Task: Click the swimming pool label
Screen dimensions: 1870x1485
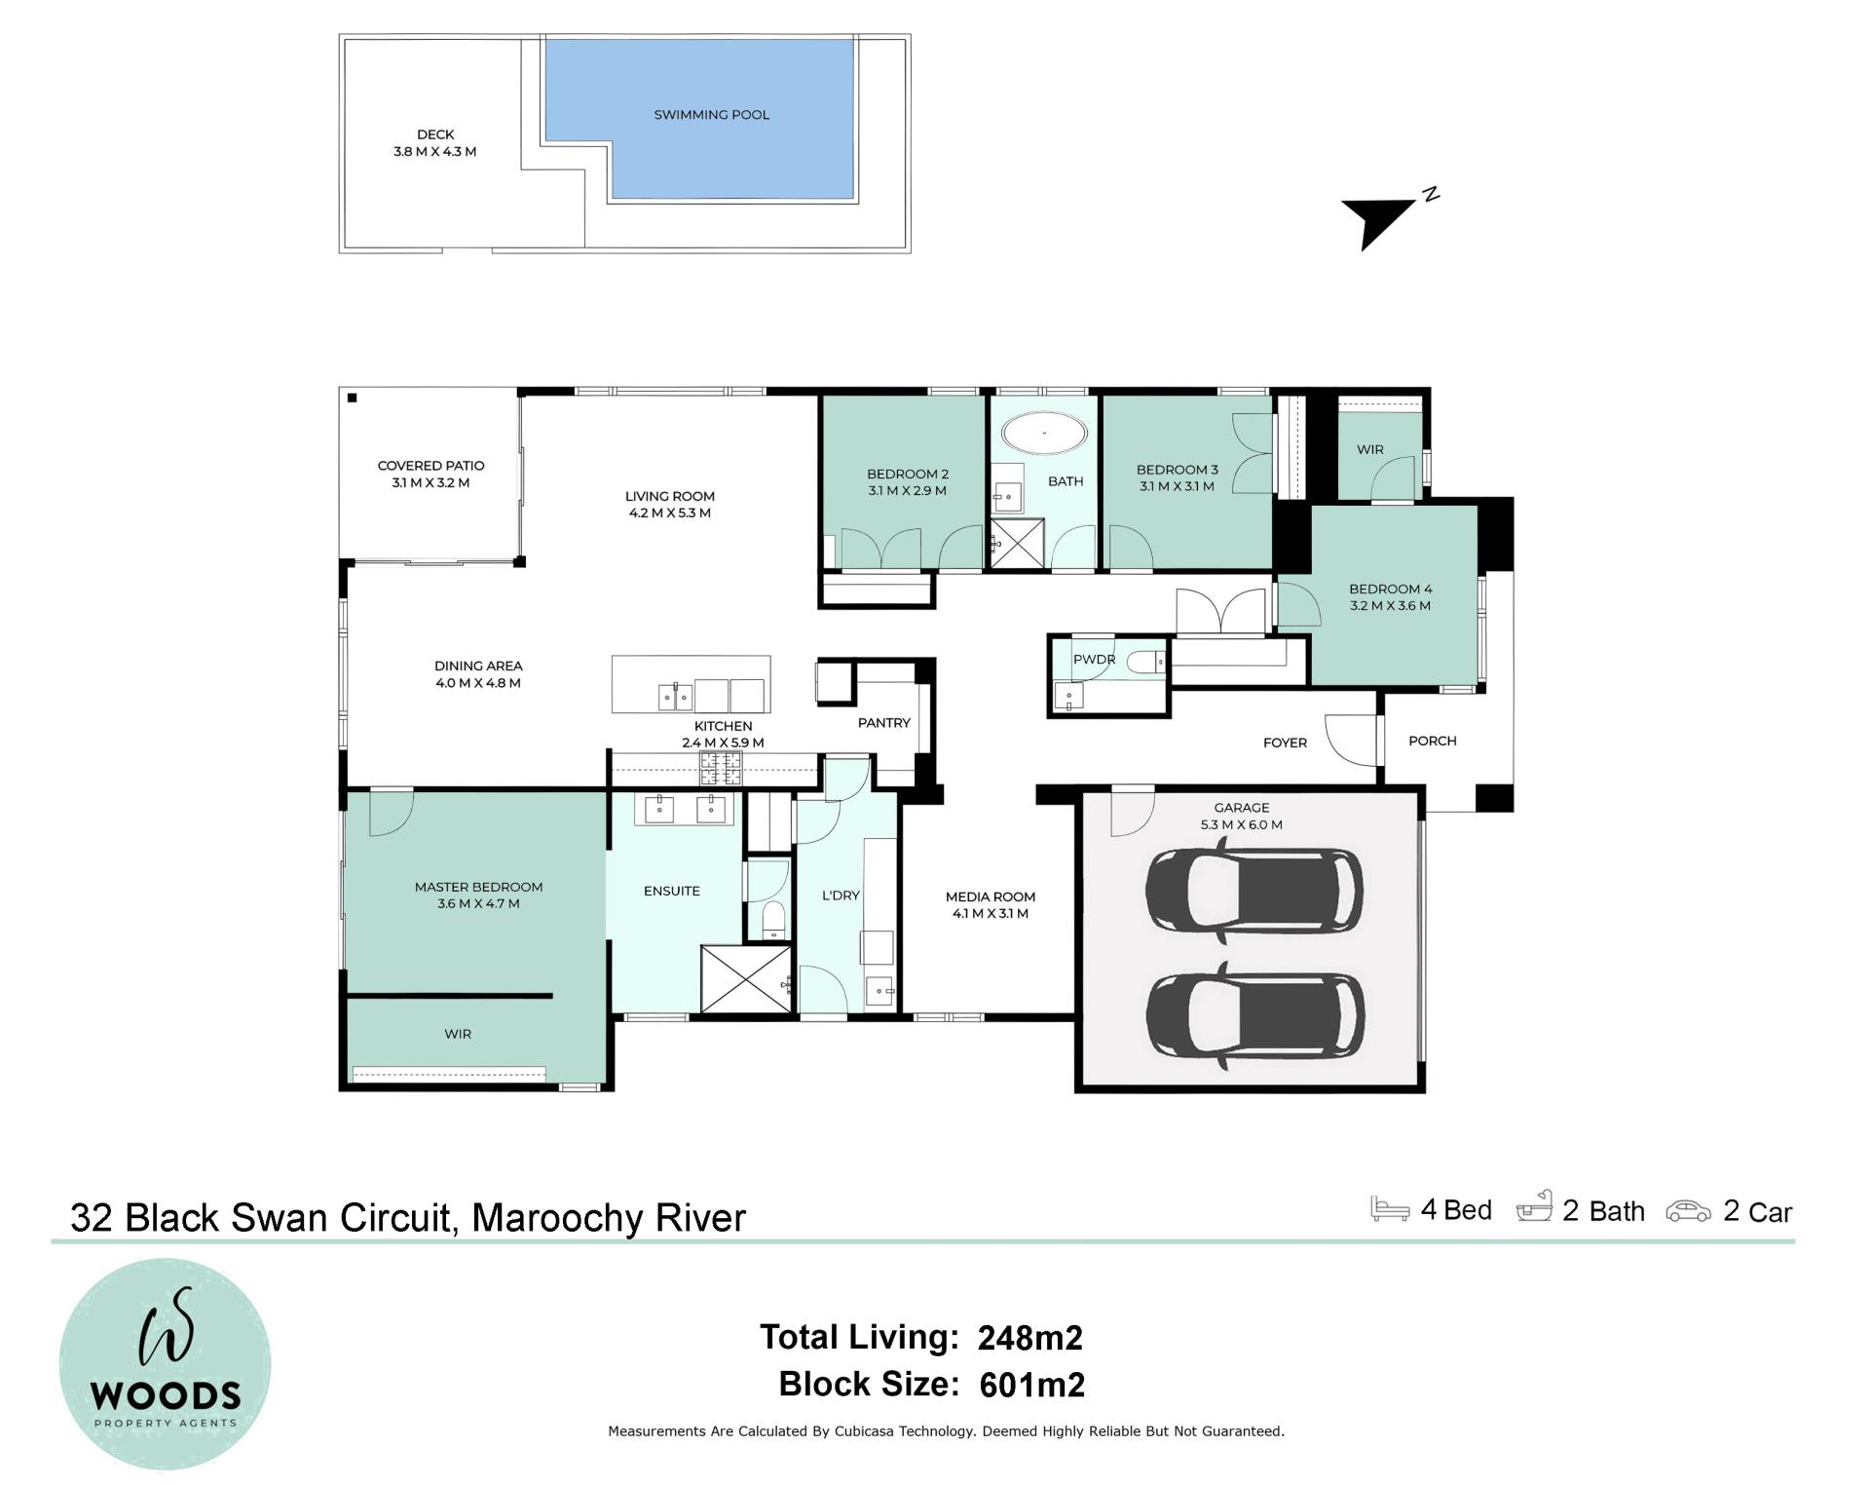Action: pyautogui.click(x=711, y=115)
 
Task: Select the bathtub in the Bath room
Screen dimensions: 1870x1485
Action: pyautogui.click(x=1044, y=433)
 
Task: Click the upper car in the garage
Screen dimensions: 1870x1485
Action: pyautogui.click(x=1253, y=892)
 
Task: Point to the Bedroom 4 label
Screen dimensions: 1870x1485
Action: pyautogui.click(x=1390, y=590)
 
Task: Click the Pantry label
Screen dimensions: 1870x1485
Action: pyautogui.click(x=883, y=723)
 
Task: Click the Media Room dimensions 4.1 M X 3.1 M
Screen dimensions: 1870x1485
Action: pyautogui.click(x=990, y=914)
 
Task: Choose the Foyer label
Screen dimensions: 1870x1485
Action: pyautogui.click(x=1285, y=742)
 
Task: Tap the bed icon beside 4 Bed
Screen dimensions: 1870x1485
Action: pyautogui.click(x=1390, y=1208)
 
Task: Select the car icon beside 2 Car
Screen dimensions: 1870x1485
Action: pyautogui.click(x=1688, y=1211)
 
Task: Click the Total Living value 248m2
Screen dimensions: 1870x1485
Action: pyautogui.click(x=1029, y=1338)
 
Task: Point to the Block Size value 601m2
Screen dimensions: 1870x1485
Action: pyautogui.click(x=1031, y=1385)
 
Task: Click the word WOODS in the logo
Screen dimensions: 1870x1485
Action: pyautogui.click(x=166, y=1396)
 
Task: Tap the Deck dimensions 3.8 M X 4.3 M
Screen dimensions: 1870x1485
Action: pyautogui.click(x=434, y=152)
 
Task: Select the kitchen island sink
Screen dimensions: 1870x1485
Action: pyautogui.click(x=675, y=697)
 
